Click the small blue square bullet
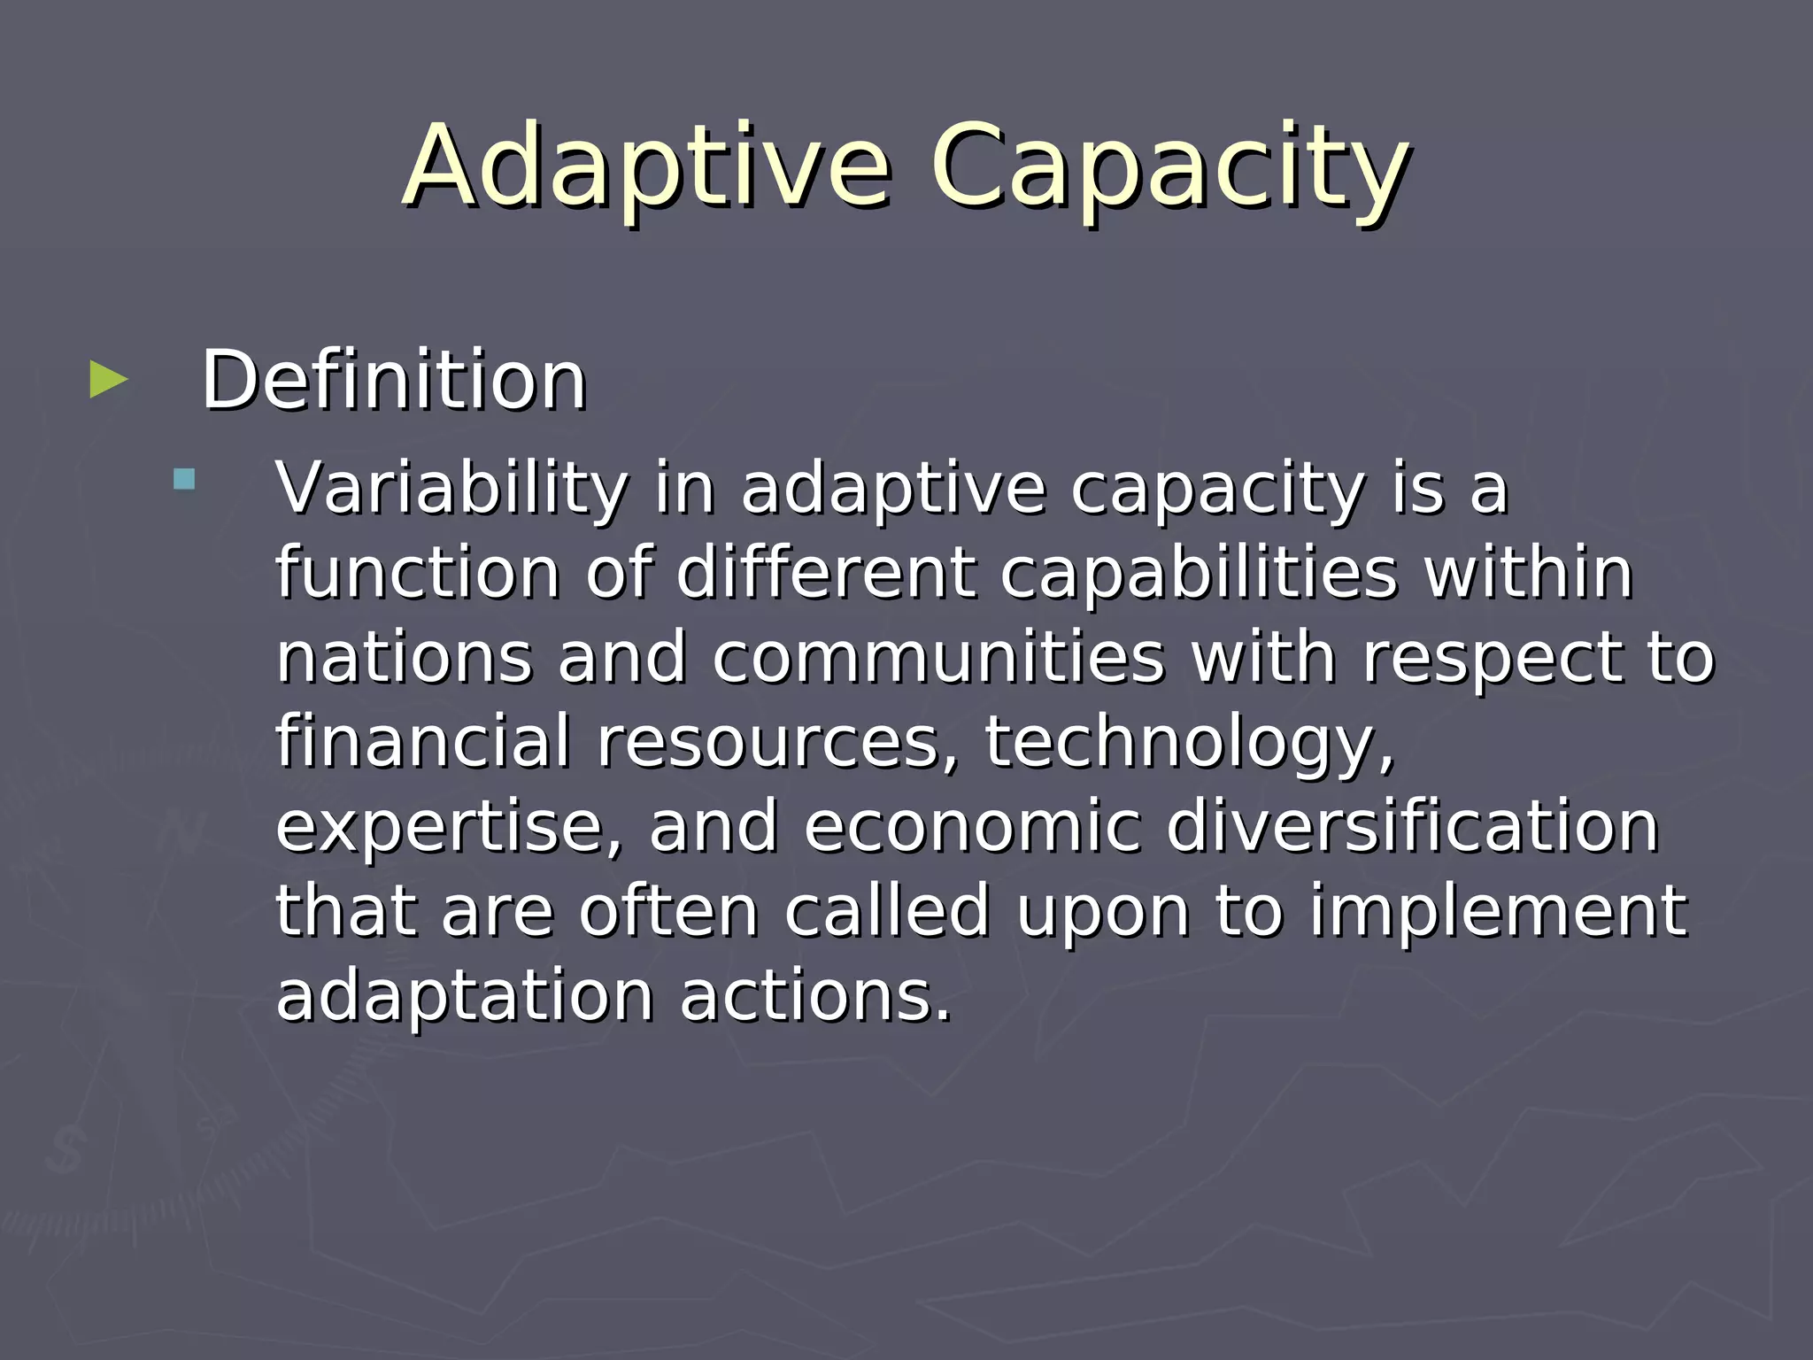click(x=184, y=479)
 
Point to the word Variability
click(x=451, y=489)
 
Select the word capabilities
click(x=1199, y=573)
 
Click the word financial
click(x=423, y=741)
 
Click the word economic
click(x=972, y=826)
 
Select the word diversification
click(x=1412, y=826)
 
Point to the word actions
click(x=814, y=995)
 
